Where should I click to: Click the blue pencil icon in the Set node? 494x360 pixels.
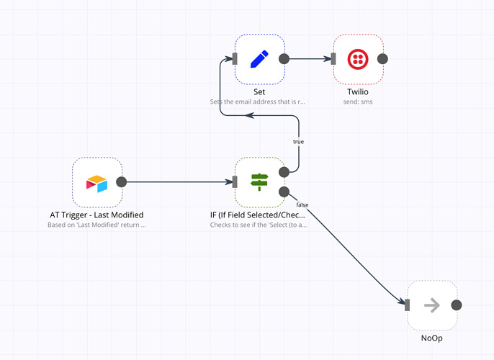point(259,59)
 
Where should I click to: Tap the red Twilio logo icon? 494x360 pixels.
point(358,59)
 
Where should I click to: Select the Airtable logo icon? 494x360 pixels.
point(96,182)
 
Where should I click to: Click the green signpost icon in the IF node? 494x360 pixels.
point(259,182)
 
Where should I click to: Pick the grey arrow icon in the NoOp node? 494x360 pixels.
point(432,305)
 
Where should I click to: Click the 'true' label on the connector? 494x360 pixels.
point(298,142)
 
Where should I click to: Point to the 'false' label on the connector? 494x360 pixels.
point(302,205)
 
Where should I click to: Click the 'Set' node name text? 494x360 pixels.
point(259,92)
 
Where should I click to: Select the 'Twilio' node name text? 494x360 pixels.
point(358,92)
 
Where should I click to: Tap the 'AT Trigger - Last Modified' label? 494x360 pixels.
point(96,215)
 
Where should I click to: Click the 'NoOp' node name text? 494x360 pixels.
point(432,338)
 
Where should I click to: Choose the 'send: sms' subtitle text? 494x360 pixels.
point(358,102)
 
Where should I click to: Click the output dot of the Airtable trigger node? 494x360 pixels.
point(122,182)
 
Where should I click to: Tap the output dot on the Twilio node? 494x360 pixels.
point(383,59)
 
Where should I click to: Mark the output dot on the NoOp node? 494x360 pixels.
point(457,305)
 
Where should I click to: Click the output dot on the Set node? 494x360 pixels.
point(284,59)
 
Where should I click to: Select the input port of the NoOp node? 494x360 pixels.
point(408,305)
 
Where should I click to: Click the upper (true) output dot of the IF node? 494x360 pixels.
point(284,172)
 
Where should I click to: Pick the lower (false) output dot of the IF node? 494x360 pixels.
point(284,192)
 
